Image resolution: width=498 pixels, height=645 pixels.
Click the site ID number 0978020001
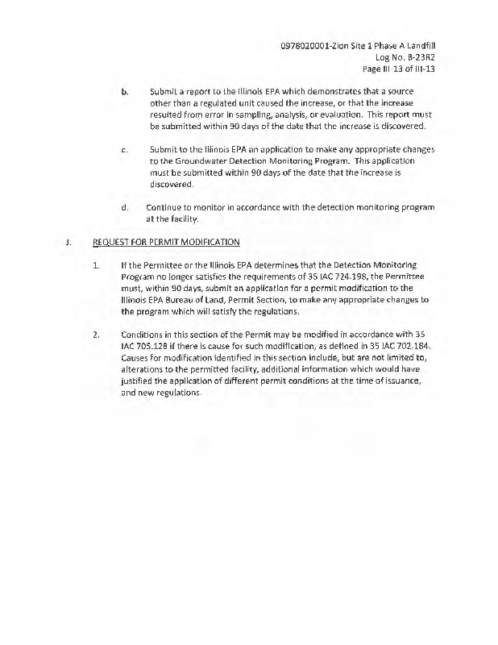click(x=309, y=45)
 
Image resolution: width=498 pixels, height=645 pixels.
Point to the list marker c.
click(x=125, y=150)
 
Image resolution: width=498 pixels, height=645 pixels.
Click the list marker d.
click(x=125, y=207)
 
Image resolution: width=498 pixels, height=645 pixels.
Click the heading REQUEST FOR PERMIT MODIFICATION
click(x=166, y=242)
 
